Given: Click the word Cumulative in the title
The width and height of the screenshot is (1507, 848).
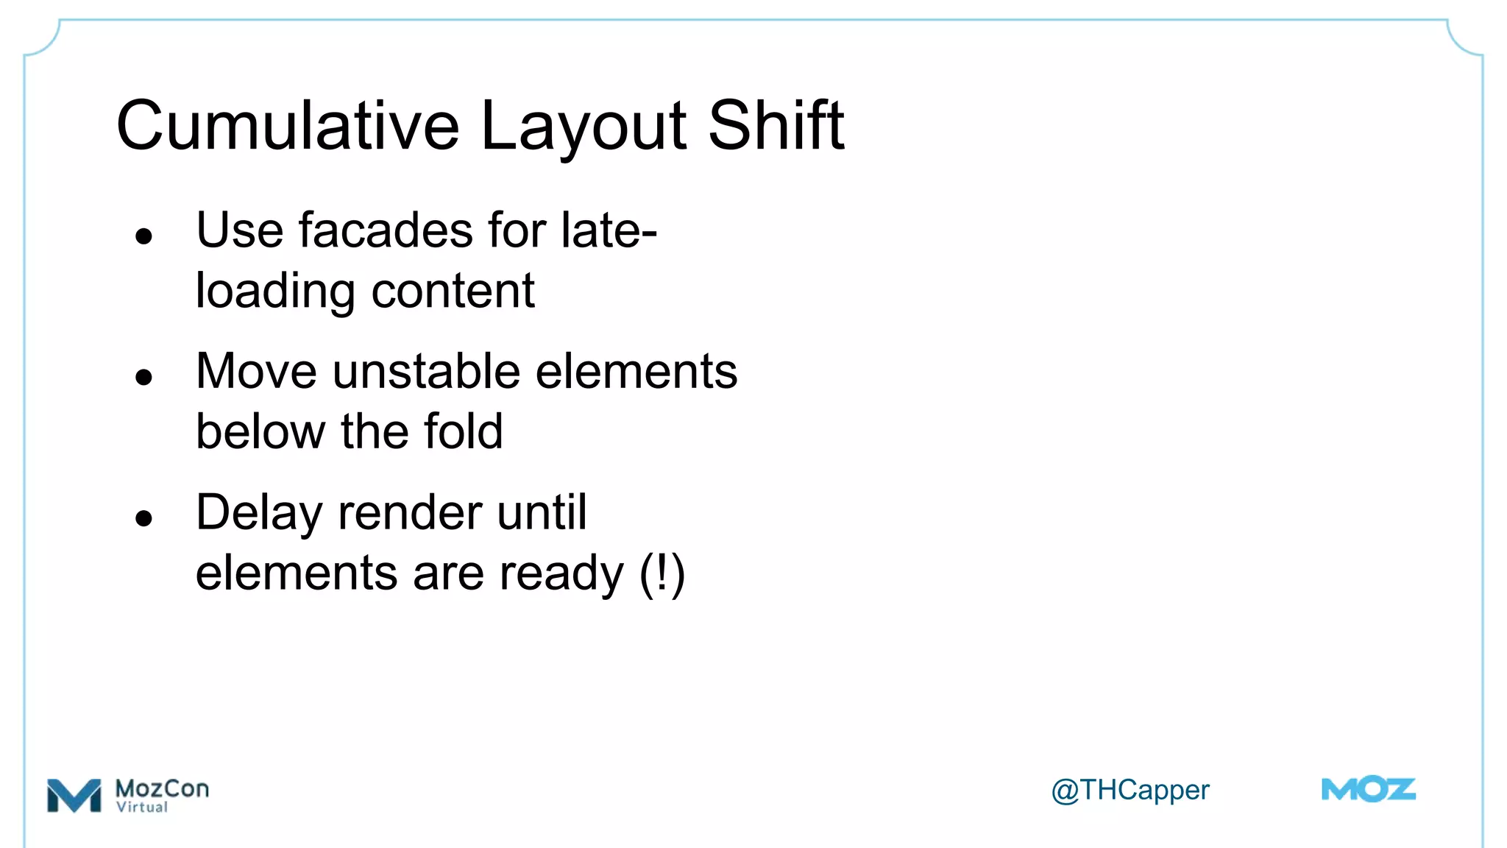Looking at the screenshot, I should pos(288,126).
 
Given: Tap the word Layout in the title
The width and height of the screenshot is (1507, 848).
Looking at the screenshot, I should pos(584,126).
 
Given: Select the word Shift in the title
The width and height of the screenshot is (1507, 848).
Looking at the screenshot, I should pos(776,126).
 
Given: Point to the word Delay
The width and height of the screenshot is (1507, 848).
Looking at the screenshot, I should pos(259,514).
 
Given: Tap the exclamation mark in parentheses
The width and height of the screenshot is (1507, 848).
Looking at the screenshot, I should pos(662,573).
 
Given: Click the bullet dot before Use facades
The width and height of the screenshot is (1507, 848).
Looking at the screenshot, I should pos(143,236).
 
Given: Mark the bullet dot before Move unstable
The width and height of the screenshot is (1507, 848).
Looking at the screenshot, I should pos(143,378).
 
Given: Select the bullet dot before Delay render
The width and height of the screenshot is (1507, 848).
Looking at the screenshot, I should pos(143,518).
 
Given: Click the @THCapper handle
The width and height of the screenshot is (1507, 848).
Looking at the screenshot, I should pos(1130,791).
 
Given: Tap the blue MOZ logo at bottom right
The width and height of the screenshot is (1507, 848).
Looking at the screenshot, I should pos(1368,790).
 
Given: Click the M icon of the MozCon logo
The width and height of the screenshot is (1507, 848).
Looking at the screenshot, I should pos(74,796).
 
